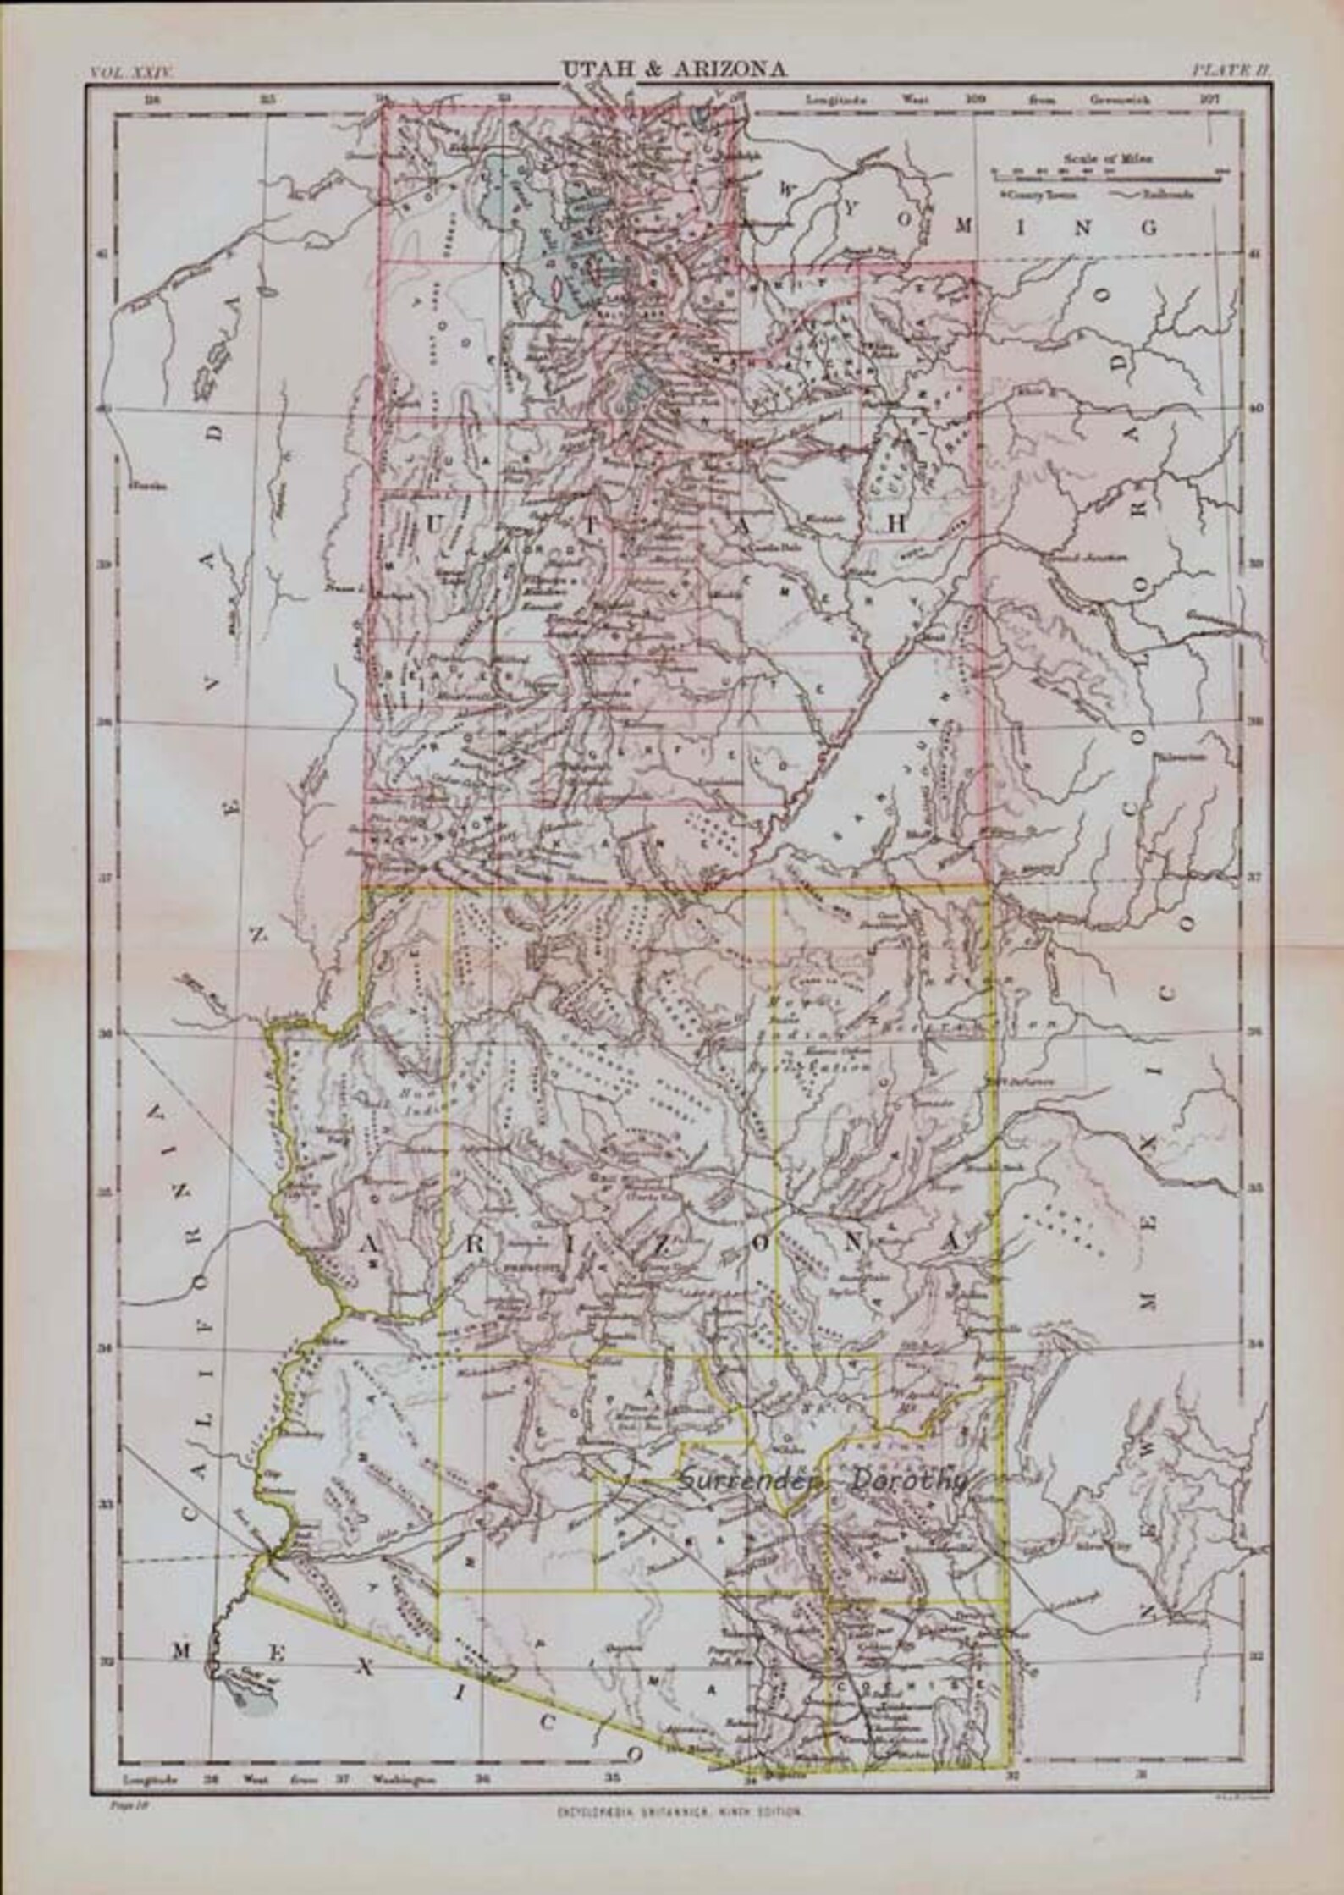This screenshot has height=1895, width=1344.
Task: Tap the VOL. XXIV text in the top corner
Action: [x=131, y=74]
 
